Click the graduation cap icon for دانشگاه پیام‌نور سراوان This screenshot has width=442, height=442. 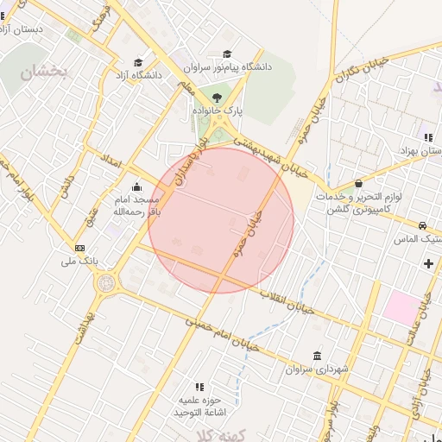[x=227, y=54]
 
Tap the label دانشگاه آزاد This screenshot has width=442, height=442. [x=138, y=75]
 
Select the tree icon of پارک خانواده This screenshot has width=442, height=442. [x=216, y=98]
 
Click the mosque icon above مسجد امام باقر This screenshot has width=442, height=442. [x=136, y=187]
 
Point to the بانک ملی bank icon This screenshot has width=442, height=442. [x=80, y=248]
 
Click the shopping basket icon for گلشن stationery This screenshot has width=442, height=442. [x=359, y=183]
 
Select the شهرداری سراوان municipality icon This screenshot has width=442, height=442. [x=318, y=356]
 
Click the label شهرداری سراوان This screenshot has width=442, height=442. [x=319, y=369]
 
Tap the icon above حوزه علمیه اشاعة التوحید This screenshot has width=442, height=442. [x=199, y=387]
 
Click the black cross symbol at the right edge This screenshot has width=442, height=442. [x=429, y=262]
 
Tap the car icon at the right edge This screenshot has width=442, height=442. [x=422, y=226]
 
